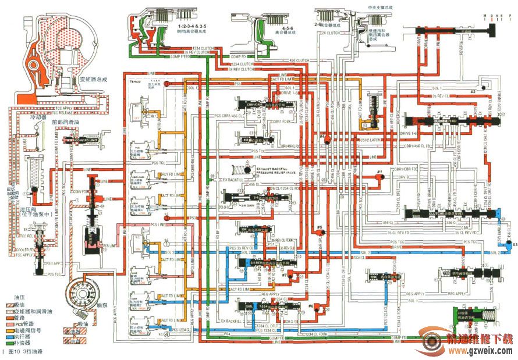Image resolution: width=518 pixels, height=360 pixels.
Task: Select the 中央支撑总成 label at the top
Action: click(x=381, y=7)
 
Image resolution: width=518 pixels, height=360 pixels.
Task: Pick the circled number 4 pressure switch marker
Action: click(x=167, y=334)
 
